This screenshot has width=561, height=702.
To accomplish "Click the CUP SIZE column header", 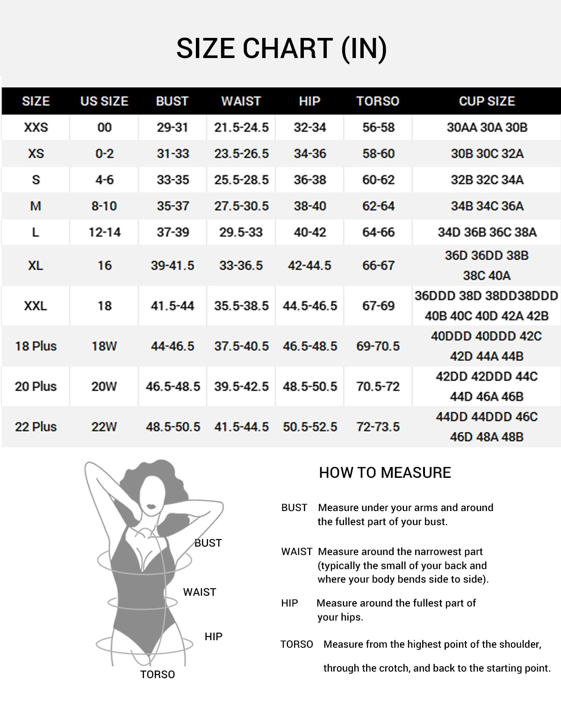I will coord(487,101).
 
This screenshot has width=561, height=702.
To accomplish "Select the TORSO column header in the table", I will coord(378,101).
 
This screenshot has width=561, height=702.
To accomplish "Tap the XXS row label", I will coord(36,127).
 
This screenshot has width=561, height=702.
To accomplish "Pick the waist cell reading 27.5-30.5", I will coord(241,206).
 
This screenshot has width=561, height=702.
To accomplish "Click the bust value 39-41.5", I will coord(173,265).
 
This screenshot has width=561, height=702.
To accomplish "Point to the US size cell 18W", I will coord(104,346).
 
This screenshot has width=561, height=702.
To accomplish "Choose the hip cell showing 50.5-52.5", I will coord(309,427).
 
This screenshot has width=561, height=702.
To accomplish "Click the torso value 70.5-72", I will coord(378,387).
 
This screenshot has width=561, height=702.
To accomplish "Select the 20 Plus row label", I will coord(36,387).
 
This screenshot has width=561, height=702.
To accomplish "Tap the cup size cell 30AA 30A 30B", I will coord(487,127).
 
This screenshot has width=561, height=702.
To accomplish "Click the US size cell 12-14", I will coord(104,232).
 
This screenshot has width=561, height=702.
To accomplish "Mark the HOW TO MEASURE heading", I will coord(385,473).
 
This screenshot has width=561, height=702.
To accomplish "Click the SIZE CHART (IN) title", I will coord(281,48).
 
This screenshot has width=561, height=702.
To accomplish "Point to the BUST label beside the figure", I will coord(208,543).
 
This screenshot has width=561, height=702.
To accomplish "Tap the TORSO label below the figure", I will coord(158,674).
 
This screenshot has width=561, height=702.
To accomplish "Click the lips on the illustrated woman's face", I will coord(151,507).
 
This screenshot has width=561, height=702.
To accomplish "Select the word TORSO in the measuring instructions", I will coord(296,644).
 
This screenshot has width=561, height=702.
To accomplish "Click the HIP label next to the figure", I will coord(213,636).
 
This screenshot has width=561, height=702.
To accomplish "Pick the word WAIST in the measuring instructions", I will coord(296,552).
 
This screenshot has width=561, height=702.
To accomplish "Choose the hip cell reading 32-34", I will coord(309,127).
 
